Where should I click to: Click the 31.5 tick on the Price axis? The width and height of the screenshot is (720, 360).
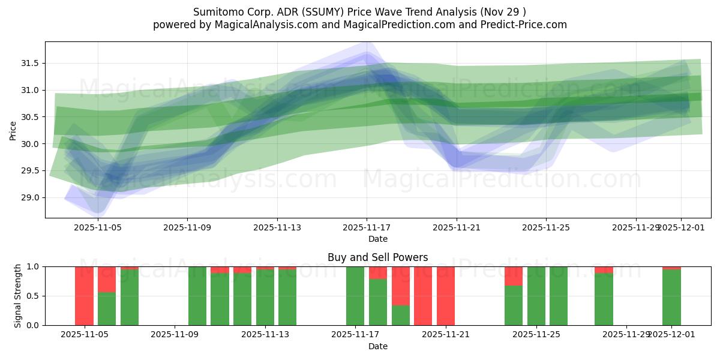coord(30,64)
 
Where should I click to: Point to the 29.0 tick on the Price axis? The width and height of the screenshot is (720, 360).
coord(30,197)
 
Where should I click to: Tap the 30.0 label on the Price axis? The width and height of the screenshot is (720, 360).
coord(30,144)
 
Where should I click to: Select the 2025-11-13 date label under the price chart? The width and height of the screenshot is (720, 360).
coord(277,228)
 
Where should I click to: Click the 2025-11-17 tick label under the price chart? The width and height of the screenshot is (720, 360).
coord(367,228)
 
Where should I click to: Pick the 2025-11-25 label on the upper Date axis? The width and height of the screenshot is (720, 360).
coord(546,228)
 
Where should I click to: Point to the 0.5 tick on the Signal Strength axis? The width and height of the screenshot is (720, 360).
coord(34,296)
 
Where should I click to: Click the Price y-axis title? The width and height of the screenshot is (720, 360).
coord(13,130)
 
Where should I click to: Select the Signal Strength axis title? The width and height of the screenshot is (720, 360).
coord(18,296)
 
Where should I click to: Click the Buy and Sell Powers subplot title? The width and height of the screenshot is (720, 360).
coord(377,257)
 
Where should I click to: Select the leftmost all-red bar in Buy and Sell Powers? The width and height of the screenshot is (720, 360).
coord(84,296)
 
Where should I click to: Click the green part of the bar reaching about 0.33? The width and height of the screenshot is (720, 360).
coord(401,316)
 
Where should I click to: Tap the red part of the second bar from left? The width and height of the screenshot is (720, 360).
coord(107,279)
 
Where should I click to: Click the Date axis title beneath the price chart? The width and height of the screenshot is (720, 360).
coord(377,239)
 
